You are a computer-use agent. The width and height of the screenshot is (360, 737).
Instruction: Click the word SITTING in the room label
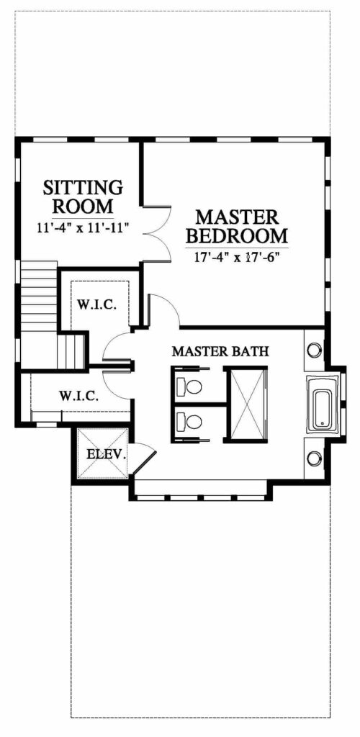[83, 188]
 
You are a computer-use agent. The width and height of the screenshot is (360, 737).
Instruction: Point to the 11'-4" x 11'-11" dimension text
[83, 228]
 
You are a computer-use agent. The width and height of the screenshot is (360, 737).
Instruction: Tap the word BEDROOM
[237, 234]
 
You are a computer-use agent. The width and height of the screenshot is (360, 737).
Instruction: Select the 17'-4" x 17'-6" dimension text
[237, 257]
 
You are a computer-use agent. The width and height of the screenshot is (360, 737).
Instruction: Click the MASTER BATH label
[220, 351]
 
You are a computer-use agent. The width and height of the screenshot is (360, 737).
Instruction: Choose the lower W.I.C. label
[79, 397]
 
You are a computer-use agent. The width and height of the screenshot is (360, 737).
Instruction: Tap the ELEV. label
[107, 454]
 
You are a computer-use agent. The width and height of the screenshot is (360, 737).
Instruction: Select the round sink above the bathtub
[314, 349]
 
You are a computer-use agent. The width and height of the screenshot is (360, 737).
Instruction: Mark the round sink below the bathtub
[314, 457]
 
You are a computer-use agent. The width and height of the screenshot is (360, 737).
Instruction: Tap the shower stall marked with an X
[247, 404]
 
